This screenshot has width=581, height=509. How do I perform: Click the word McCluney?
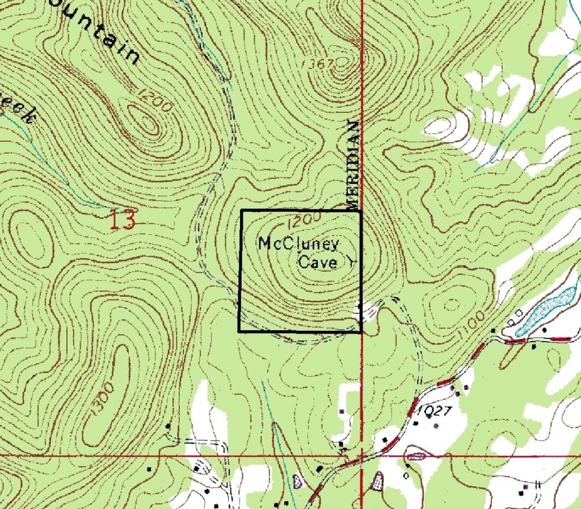click(x=298, y=245)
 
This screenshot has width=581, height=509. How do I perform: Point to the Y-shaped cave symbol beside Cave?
click(x=351, y=262)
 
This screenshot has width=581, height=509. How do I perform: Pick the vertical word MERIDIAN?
click(x=352, y=165)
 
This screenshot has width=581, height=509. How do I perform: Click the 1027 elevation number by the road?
click(x=434, y=411)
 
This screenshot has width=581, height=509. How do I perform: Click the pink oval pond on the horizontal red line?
click(x=416, y=456)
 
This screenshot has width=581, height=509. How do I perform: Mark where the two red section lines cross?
click(x=362, y=455)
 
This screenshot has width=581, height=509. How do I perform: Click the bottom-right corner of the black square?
click(x=361, y=332)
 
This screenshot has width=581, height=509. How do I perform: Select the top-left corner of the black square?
click(x=242, y=211)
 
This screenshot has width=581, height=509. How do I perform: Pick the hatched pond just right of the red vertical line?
click(x=377, y=483)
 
